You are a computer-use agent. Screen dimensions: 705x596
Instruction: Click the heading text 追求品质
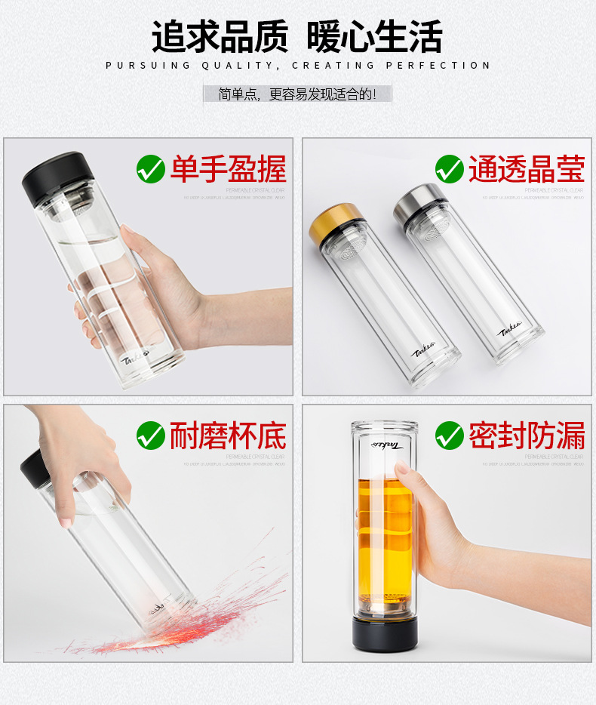pos(220,36)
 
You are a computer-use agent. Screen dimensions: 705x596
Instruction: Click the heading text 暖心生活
pos(374,36)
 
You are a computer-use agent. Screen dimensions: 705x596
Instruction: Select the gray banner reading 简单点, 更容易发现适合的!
pos(297,94)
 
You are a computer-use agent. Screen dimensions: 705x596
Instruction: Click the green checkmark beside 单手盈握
pos(151,168)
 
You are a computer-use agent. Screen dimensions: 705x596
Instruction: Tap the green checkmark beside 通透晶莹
pos(450,168)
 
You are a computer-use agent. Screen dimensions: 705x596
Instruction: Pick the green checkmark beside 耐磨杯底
pos(151,435)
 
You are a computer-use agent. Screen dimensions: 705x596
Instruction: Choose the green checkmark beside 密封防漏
pos(450,435)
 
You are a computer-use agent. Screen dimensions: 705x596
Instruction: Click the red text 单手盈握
pos(228,169)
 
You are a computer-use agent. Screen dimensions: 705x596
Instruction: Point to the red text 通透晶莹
pos(527,169)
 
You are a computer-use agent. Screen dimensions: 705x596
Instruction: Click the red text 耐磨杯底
pos(228,436)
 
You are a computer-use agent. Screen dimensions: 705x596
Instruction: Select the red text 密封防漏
pos(527,436)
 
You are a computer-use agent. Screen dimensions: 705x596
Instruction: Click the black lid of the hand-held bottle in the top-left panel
pos(53,177)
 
